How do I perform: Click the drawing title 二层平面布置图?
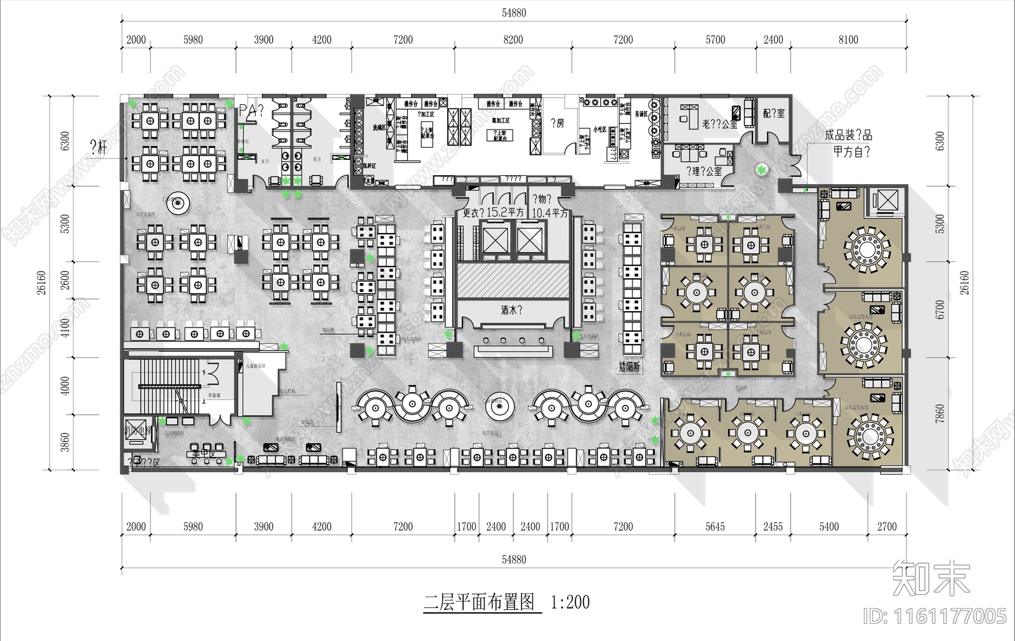(480, 602)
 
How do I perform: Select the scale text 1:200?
(570, 602)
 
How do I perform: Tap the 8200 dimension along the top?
(513, 40)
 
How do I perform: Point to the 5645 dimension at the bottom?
(715, 527)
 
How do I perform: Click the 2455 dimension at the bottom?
(773, 527)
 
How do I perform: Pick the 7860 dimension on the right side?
(940, 414)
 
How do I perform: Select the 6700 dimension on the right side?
(940, 310)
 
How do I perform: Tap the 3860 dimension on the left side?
(65, 442)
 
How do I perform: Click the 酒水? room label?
(511, 310)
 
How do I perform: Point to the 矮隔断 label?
(629, 366)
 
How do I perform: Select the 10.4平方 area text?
(549, 213)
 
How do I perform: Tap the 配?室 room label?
(773, 113)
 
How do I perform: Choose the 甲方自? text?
(851, 152)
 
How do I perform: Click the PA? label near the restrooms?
(251, 112)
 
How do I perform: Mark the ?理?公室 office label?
(704, 171)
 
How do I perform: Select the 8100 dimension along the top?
(848, 40)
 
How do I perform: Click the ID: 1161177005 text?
(935, 616)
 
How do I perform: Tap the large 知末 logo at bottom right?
(931, 578)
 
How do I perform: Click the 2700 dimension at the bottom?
(886, 527)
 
